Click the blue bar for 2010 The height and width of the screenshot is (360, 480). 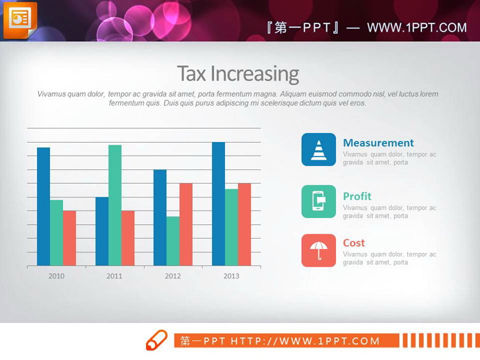[x=43, y=206]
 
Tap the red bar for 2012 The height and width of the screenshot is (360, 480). [x=186, y=224]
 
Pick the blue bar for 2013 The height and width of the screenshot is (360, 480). [x=218, y=204]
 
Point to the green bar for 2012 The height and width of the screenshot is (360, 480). [x=173, y=241]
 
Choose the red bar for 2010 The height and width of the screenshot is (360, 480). [x=69, y=238]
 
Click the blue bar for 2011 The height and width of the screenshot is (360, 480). [x=101, y=231]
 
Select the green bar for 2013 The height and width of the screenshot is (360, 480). [x=231, y=227]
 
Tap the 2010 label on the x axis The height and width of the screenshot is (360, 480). [x=56, y=276]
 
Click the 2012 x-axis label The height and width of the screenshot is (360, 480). [x=173, y=276]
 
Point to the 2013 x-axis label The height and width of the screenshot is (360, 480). [x=231, y=276]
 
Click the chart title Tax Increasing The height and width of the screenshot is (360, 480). [x=238, y=73]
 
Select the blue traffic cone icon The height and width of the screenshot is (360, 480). [x=319, y=149]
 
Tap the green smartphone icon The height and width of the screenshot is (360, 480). [x=319, y=202]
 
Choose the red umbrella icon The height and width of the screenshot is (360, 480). [x=319, y=250]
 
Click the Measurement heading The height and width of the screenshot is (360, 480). [x=378, y=143]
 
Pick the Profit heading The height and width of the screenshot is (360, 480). [x=357, y=196]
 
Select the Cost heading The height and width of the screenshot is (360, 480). [x=354, y=243]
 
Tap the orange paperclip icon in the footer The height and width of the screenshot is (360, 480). [x=156, y=339]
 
